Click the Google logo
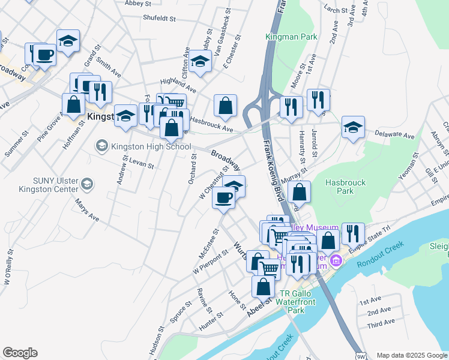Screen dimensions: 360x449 coord(20,353)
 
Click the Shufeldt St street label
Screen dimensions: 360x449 coord(159,19)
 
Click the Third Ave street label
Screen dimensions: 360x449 coord(381,323)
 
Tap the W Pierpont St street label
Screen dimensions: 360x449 coord(211,262)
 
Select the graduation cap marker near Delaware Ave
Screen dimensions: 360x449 coord(353,127)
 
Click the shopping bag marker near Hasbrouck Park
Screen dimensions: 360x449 coord(299,193)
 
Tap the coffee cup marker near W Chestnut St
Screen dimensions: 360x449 coord(224,198)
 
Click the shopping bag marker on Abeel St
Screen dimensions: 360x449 coord(263,287)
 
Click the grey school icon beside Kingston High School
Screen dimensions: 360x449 coord(101,146)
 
